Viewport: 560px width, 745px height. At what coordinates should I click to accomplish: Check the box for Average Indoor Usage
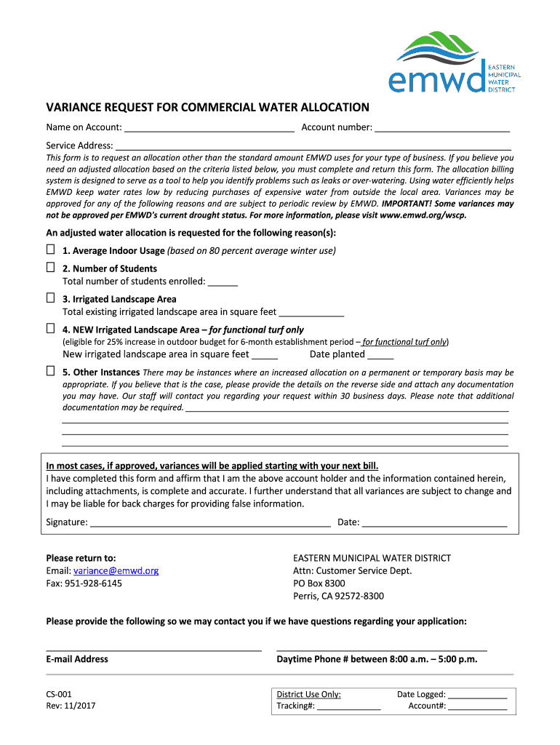[51, 250]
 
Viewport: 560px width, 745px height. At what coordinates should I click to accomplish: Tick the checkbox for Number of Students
[51, 268]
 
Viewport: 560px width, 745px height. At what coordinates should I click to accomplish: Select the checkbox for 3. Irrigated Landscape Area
[51, 298]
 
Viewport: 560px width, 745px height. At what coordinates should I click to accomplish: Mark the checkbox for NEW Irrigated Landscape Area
[51, 329]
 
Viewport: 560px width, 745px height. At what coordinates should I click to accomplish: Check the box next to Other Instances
[51, 371]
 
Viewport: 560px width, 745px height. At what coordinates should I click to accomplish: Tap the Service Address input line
[313, 146]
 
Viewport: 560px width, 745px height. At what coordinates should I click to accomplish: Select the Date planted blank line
[380, 356]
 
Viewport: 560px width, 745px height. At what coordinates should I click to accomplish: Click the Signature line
[210, 523]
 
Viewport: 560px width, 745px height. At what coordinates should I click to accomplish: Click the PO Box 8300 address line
[319, 583]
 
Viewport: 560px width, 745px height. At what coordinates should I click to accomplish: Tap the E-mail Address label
[77, 659]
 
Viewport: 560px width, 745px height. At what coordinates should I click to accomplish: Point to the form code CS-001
[59, 694]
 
